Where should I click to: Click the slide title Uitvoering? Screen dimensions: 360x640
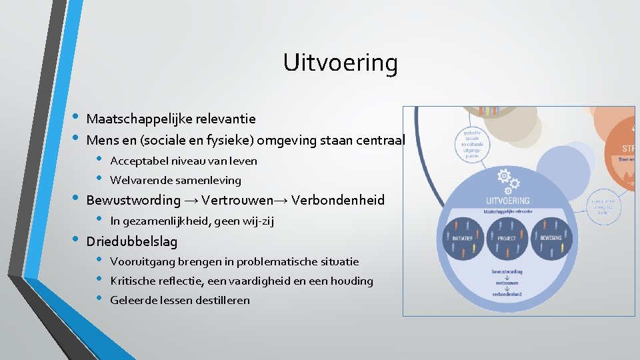(340, 63)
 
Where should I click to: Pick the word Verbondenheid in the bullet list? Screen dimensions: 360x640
(338, 200)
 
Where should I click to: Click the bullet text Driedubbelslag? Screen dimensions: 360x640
(132, 241)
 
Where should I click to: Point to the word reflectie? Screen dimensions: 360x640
(185, 281)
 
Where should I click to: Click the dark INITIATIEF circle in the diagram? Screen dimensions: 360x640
(467, 238)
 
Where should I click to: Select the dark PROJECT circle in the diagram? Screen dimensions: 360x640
(507, 238)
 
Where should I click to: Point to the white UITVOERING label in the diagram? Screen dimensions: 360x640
(508, 200)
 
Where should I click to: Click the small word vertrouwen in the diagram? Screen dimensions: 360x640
(508, 282)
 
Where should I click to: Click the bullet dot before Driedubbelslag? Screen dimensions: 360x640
(75, 240)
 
